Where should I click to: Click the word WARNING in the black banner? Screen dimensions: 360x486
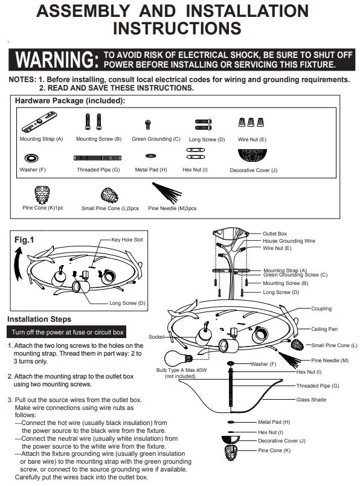click(57, 60)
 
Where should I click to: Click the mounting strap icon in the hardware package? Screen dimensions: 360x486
click(39, 122)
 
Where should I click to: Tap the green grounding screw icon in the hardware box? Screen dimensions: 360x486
click(148, 124)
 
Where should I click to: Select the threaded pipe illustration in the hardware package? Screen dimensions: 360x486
click(97, 158)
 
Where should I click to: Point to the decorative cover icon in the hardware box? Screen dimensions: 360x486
click(252, 155)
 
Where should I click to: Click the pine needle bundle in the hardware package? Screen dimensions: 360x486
click(167, 193)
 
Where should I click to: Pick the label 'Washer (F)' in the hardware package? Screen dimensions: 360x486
click(33, 170)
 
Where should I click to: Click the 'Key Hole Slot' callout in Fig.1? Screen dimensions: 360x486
click(127, 240)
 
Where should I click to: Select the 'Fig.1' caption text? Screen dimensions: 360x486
click(24, 240)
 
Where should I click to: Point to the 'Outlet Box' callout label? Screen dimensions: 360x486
click(275, 234)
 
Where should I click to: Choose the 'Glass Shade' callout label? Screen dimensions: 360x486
click(311, 400)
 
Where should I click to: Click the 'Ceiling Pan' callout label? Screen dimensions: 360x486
click(324, 329)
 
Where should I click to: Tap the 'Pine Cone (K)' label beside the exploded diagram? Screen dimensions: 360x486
click(274, 450)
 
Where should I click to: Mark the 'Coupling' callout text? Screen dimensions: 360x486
click(321, 309)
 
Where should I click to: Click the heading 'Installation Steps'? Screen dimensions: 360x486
click(39, 319)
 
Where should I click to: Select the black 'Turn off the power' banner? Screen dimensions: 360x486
click(66, 332)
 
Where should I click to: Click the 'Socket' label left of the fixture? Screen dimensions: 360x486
click(156, 337)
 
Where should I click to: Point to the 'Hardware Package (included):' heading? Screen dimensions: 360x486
click(70, 101)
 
